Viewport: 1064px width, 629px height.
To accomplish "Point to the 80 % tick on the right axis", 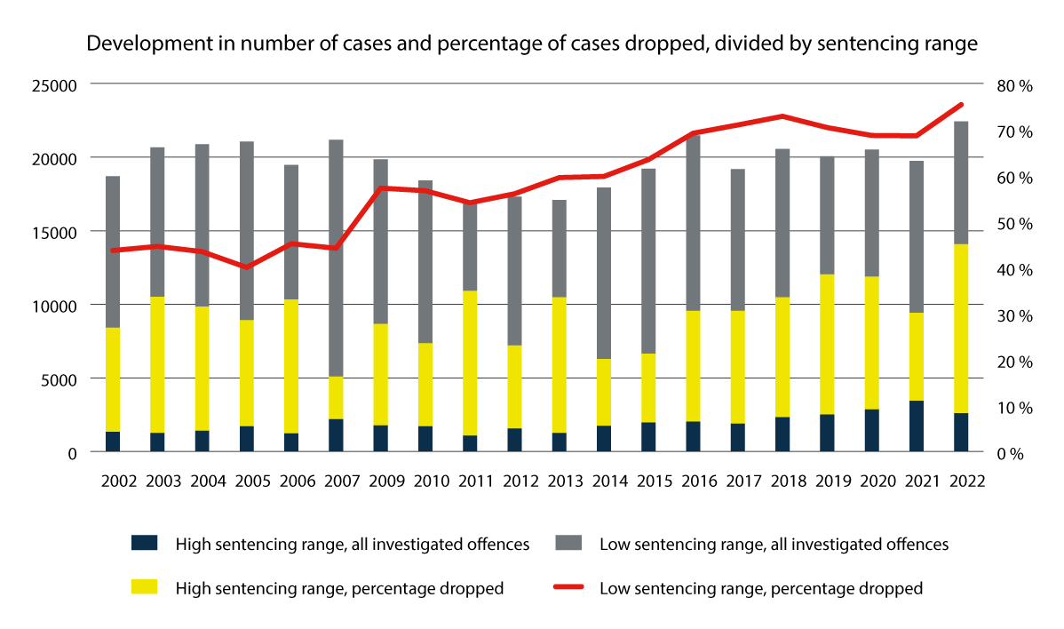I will coord(1014,85).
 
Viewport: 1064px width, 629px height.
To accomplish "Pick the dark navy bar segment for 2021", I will coord(916,426).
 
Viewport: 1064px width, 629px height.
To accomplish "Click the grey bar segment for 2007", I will coord(336,258).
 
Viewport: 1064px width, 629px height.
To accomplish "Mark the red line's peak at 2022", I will coord(961,105).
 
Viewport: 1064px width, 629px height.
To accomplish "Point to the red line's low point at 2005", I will coord(246,267).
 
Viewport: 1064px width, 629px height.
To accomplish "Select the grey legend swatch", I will coord(567,543).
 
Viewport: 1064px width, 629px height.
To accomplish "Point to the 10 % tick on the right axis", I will coord(1014,407).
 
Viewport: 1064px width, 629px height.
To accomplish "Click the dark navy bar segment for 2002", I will coord(113,442).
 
